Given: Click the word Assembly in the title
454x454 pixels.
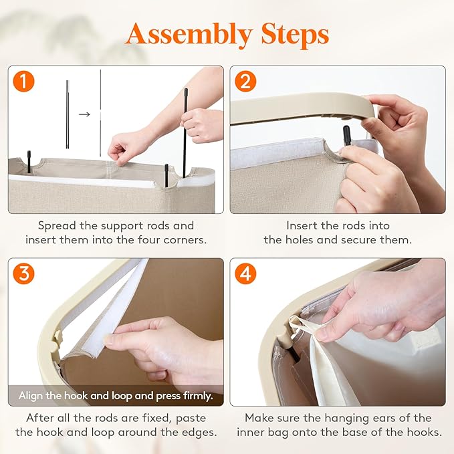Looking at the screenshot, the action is pos(189,35).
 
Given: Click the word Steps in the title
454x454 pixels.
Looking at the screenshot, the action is pos(295,34).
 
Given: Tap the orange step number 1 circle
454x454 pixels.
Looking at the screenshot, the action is pos(24,82).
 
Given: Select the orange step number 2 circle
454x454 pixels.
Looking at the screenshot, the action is pos(245,82).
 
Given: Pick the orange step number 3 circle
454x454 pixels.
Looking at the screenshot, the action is pos(24,273).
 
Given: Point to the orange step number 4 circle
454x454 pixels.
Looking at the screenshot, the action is pos(245,273).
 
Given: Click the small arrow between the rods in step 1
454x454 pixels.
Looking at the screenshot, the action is pos(84,114).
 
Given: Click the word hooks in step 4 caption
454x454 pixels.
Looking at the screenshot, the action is pos(424,433).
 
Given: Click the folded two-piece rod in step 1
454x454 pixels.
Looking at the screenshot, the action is pos(67,114).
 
